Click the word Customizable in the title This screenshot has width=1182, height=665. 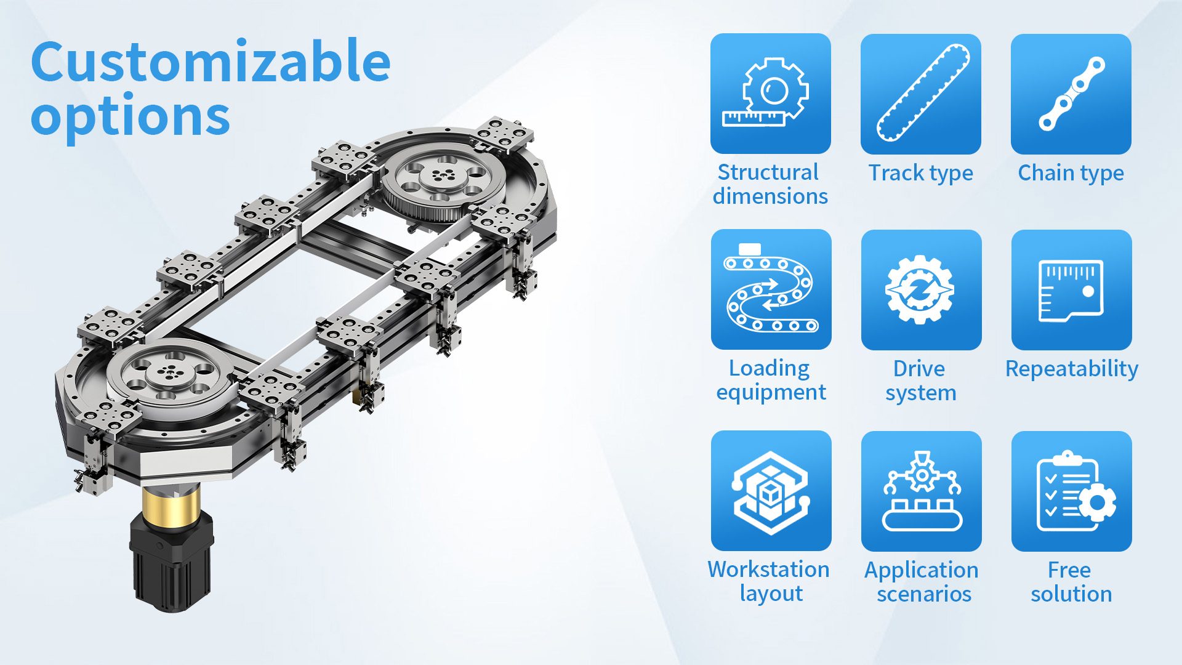pyautogui.click(x=211, y=61)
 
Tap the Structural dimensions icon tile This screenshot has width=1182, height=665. pyautogui.click(x=771, y=94)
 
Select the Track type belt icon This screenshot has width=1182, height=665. pyautogui.click(x=921, y=94)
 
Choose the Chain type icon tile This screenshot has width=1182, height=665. pyautogui.click(x=1071, y=94)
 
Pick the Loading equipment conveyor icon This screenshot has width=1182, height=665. pyautogui.click(x=771, y=289)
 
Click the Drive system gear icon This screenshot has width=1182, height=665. pyautogui.click(x=922, y=289)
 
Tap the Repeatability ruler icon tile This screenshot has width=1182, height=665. pyautogui.click(x=1072, y=289)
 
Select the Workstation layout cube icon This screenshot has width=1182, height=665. pyautogui.click(x=771, y=491)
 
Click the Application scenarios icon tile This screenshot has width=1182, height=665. pyautogui.click(x=922, y=491)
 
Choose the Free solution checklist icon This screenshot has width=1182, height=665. pyautogui.click(x=1072, y=491)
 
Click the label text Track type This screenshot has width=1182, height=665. pyautogui.click(x=921, y=173)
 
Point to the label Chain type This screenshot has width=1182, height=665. pyautogui.click(x=1071, y=173)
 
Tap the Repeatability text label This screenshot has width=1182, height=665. pyautogui.click(x=1072, y=369)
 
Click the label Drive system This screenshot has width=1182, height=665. pyautogui.click(x=921, y=381)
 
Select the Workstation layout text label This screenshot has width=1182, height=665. pyautogui.click(x=770, y=581)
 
